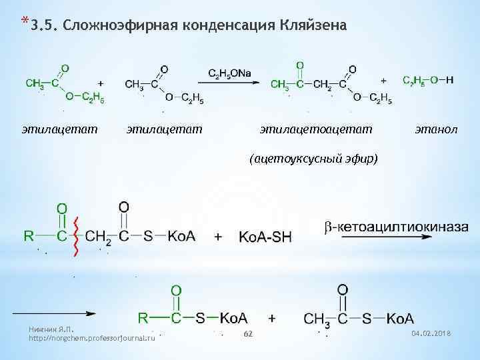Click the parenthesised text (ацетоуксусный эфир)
pyautogui.click(x=313, y=158)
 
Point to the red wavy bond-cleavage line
pyautogui.click(x=77, y=237)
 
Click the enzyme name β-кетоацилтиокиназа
pyautogui.click(x=396, y=227)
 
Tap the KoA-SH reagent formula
pyautogui.click(x=265, y=237)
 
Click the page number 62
pyautogui.click(x=247, y=333)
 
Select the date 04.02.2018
pyautogui.click(x=431, y=333)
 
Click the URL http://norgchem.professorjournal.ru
pyautogui.click(x=92, y=338)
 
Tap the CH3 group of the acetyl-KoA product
pyautogui.click(x=317, y=319)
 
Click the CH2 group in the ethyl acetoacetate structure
pyautogui.click(x=323, y=83)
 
